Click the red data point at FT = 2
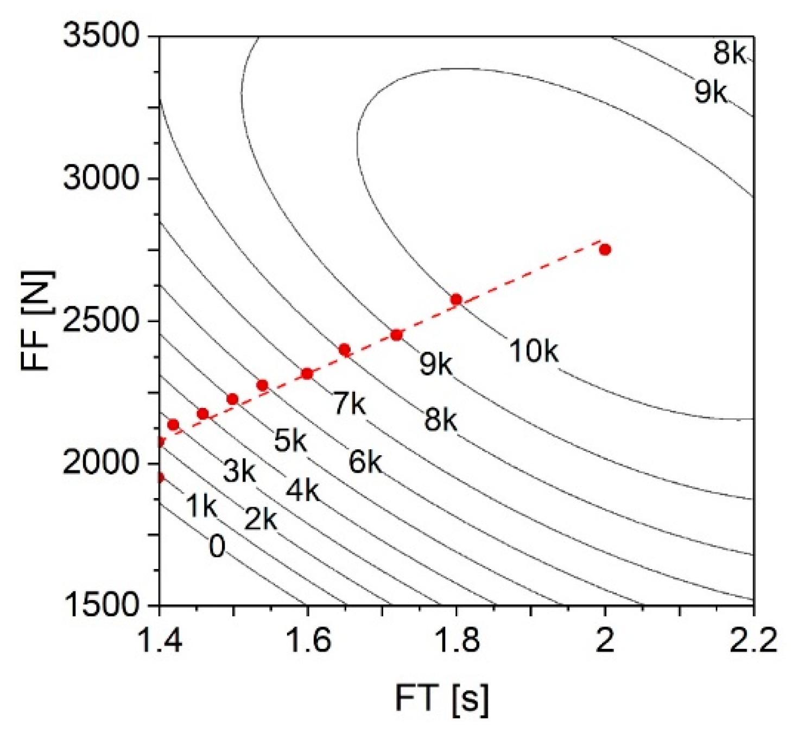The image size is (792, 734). click(605, 249)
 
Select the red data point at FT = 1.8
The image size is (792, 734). click(456, 299)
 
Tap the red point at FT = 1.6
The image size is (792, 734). click(307, 373)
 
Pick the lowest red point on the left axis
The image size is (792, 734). click(160, 477)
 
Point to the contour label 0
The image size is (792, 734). click(217, 546)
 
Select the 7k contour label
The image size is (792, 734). click(350, 403)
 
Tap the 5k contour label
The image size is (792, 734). click(290, 440)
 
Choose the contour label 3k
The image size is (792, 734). click(239, 471)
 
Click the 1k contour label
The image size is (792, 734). click(201, 506)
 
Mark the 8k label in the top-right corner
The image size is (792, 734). click(730, 53)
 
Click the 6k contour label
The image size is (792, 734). click(365, 462)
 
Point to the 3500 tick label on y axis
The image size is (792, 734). click(102, 36)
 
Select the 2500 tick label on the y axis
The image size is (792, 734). click(102, 321)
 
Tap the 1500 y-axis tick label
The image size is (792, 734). click(102, 605)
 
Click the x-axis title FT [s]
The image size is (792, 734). click(441, 699)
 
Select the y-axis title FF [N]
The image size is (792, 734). click(37, 320)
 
